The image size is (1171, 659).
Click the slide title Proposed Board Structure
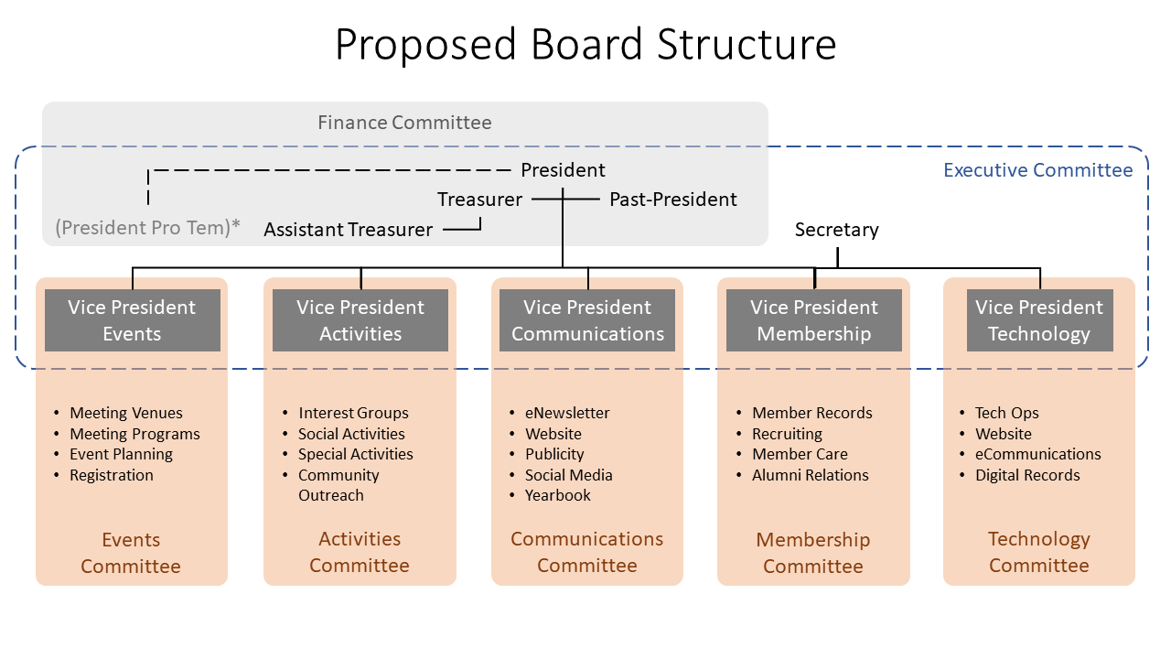pos(585,45)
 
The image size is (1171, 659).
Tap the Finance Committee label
pos(404,123)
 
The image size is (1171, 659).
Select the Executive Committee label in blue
pos(1037,170)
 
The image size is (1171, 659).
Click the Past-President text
pos(672,200)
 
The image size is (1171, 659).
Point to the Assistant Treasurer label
pos(349,230)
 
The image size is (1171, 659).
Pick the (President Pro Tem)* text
pos(147,228)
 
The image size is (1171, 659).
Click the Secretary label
pos(836,230)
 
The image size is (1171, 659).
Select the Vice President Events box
pos(133,320)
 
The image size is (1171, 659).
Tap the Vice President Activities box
pos(360,320)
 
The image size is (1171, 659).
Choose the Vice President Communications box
pos(587,320)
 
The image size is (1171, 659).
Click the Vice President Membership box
pos(814,320)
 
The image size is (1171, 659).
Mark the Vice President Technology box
pos(1040,320)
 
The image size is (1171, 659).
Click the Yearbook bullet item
pos(557,495)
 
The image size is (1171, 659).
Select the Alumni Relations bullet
pos(810,475)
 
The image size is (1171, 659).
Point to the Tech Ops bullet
pos(1006,413)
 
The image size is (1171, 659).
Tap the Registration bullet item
pos(112,475)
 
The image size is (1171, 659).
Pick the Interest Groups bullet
pos(353,413)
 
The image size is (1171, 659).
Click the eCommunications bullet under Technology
pos(1037,454)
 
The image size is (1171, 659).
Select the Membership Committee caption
pos(813,553)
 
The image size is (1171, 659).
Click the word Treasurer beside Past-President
pos(479,200)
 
